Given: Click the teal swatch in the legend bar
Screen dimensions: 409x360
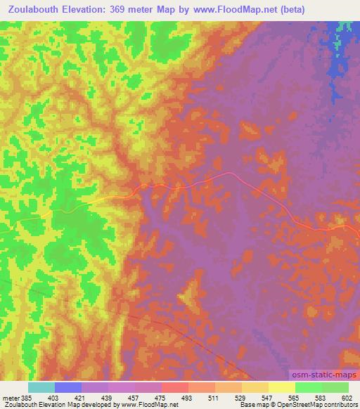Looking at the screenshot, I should click(x=41, y=387).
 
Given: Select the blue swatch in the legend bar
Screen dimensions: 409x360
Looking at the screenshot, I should click(x=69, y=387).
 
